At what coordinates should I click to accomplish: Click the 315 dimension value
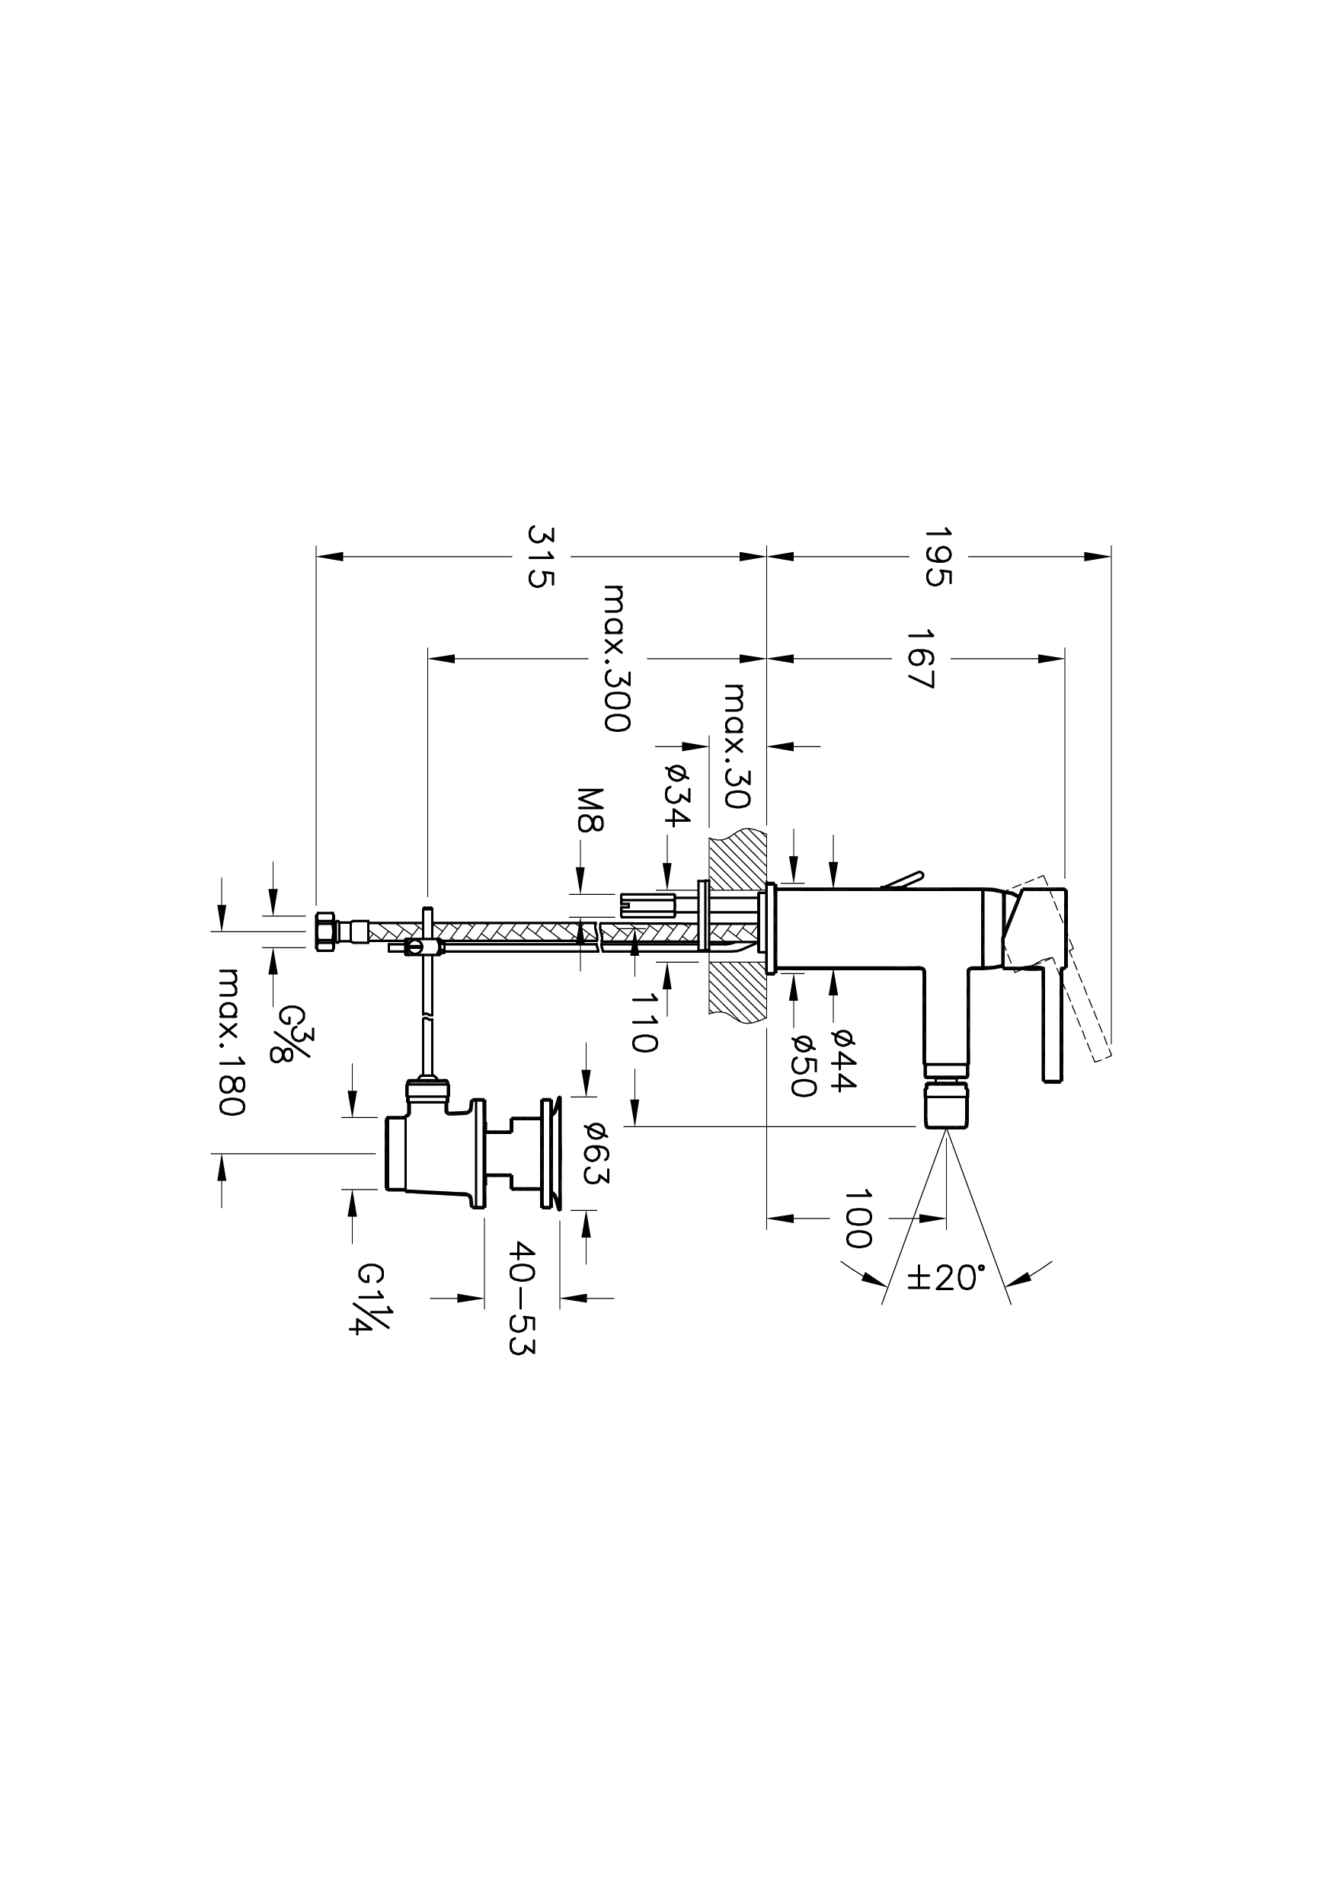[540, 557]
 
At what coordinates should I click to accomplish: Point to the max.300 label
[617, 658]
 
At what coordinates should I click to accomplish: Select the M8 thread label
[590, 810]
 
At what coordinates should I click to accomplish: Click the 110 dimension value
[644, 1022]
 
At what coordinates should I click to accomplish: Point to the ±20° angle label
[946, 1278]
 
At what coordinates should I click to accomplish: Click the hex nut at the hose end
[324, 931]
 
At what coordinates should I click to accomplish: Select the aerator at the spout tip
[946, 1104]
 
